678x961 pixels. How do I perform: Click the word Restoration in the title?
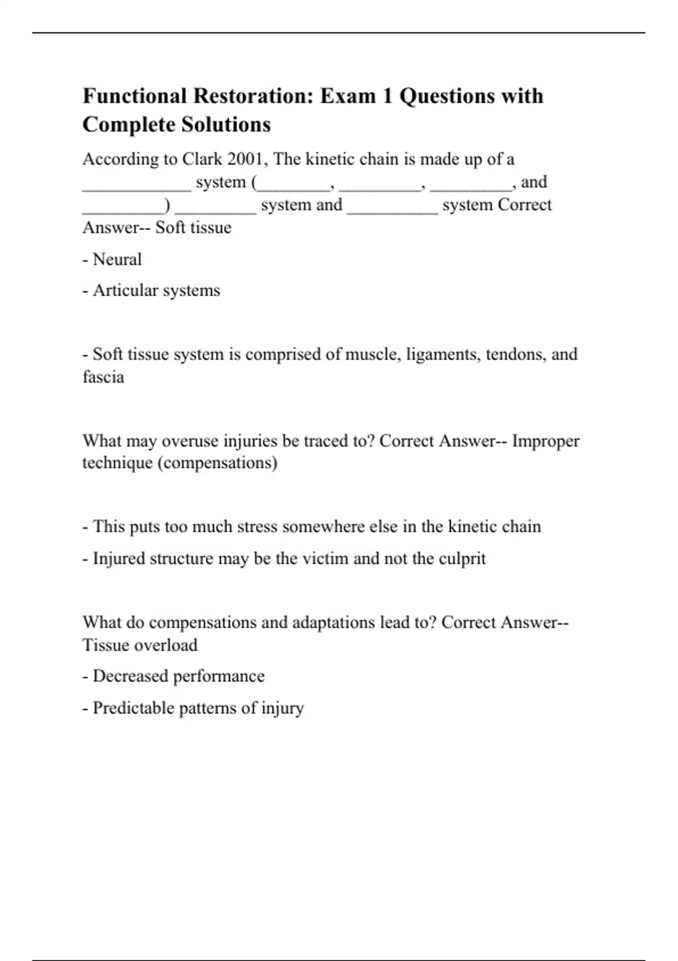point(253,96)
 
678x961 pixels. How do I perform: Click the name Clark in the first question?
point(202,159)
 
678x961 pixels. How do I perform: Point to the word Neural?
point(117,259)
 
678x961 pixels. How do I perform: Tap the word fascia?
point(103,377)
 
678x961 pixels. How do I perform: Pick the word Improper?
point(545,441)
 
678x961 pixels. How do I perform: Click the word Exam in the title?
point(348,96)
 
